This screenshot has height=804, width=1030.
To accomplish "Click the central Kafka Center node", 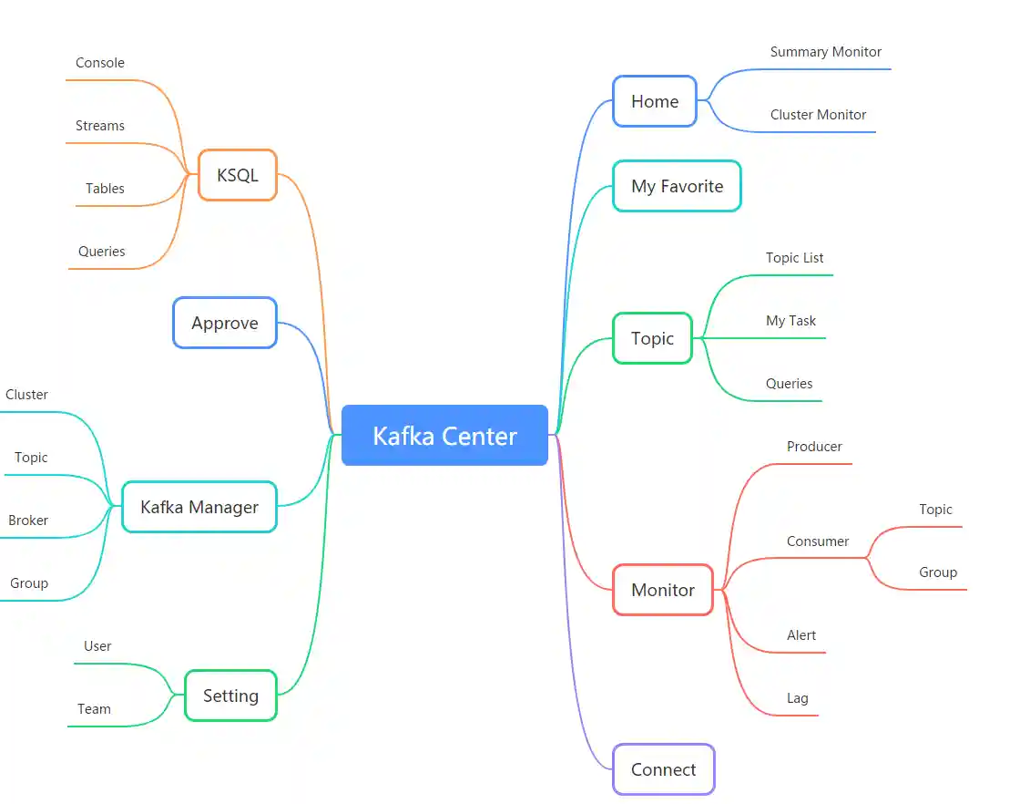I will point(444,436).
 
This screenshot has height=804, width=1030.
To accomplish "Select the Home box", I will point(655,101).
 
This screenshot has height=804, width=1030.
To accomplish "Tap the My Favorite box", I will point(677,186).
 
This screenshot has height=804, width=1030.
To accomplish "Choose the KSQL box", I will point(238,175).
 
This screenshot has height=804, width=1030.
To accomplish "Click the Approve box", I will point(225,323).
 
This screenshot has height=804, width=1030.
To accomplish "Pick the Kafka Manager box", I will point(199,507).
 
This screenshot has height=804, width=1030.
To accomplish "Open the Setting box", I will point(230,696).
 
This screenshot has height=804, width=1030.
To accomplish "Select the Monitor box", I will point(663,590).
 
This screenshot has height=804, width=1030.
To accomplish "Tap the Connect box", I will point(663,769).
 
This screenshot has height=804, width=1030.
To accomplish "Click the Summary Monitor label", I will point(825,52).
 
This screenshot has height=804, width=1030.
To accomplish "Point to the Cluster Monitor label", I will point(818,115).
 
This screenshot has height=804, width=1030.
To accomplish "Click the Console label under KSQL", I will point(100,63).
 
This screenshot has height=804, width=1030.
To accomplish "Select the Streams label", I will point(100,126).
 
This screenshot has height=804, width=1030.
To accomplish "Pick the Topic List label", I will point(794,258).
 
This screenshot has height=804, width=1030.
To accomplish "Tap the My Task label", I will point(790,321).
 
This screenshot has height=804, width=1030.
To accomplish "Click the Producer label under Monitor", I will point(814,447).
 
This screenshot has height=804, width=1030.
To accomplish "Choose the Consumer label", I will point(818,541).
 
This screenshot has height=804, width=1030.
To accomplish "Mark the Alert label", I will point(801,635).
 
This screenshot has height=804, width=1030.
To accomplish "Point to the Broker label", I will point(28,521).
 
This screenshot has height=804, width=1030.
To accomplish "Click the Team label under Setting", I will point(94,709).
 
